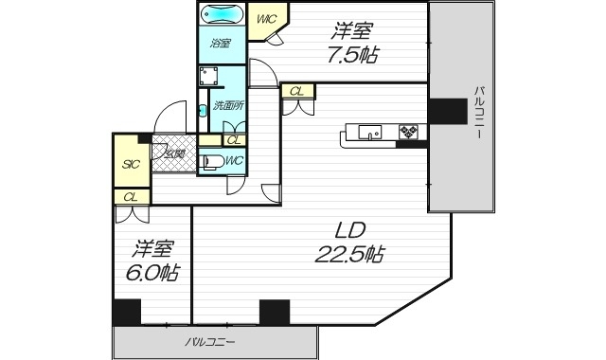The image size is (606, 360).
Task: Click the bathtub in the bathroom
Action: pos(222,16)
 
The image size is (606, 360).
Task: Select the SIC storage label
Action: pos(130,164)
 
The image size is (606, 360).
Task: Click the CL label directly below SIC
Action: pos(130,196)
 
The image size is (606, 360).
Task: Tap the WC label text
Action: pos(234,160)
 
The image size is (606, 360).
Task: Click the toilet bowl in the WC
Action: pos(213,163)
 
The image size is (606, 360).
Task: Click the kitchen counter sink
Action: pos(369,131)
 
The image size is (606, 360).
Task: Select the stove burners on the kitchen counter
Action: pos(408,131)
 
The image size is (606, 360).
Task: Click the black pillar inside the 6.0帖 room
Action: pos(126,313)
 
